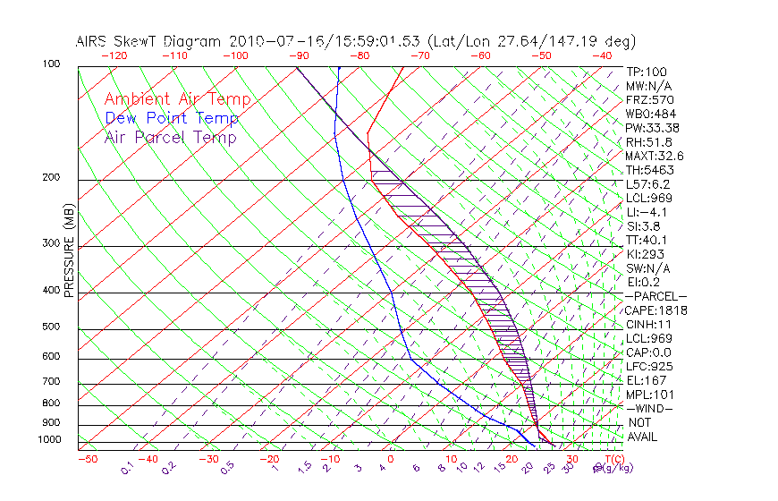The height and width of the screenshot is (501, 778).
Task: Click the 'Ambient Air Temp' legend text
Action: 177,99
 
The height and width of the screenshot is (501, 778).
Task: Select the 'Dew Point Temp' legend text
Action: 172,118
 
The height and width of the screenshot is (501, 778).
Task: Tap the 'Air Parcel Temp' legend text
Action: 171,137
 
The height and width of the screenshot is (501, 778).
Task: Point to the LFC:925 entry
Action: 648,366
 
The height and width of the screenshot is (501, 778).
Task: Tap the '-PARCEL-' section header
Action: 655,296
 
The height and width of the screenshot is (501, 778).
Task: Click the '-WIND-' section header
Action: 649,408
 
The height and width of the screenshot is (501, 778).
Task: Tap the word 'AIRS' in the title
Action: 95,41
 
